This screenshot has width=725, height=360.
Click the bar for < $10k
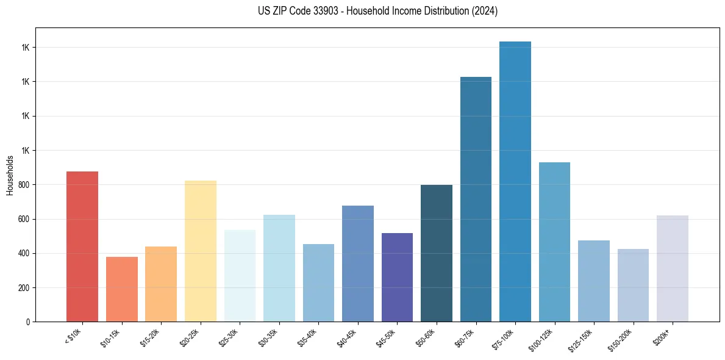82,247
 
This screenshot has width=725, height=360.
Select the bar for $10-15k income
121,289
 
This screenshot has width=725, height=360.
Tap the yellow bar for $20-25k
200,251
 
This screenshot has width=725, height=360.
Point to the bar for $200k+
673,268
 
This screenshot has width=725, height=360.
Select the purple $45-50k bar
397,277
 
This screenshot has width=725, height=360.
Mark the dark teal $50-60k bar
437,253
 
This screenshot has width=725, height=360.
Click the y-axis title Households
10,175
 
